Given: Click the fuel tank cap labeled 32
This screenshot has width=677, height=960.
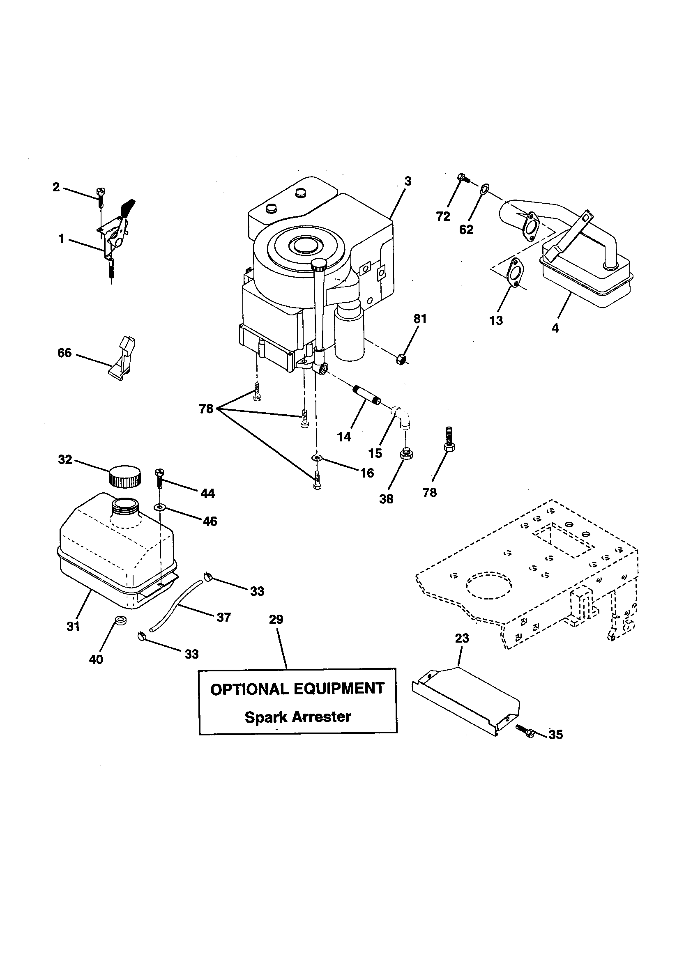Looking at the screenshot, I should (x=125, y=477).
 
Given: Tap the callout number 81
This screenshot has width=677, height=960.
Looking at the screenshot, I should (x=420, y=319).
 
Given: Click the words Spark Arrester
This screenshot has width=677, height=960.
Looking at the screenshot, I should (x=297, y=717).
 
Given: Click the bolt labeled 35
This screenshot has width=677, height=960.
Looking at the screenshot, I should (x=525, y=730).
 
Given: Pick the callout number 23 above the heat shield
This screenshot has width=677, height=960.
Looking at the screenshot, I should (x=462, y=638).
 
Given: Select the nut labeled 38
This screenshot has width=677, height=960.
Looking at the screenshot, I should (x=405, y=453).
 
